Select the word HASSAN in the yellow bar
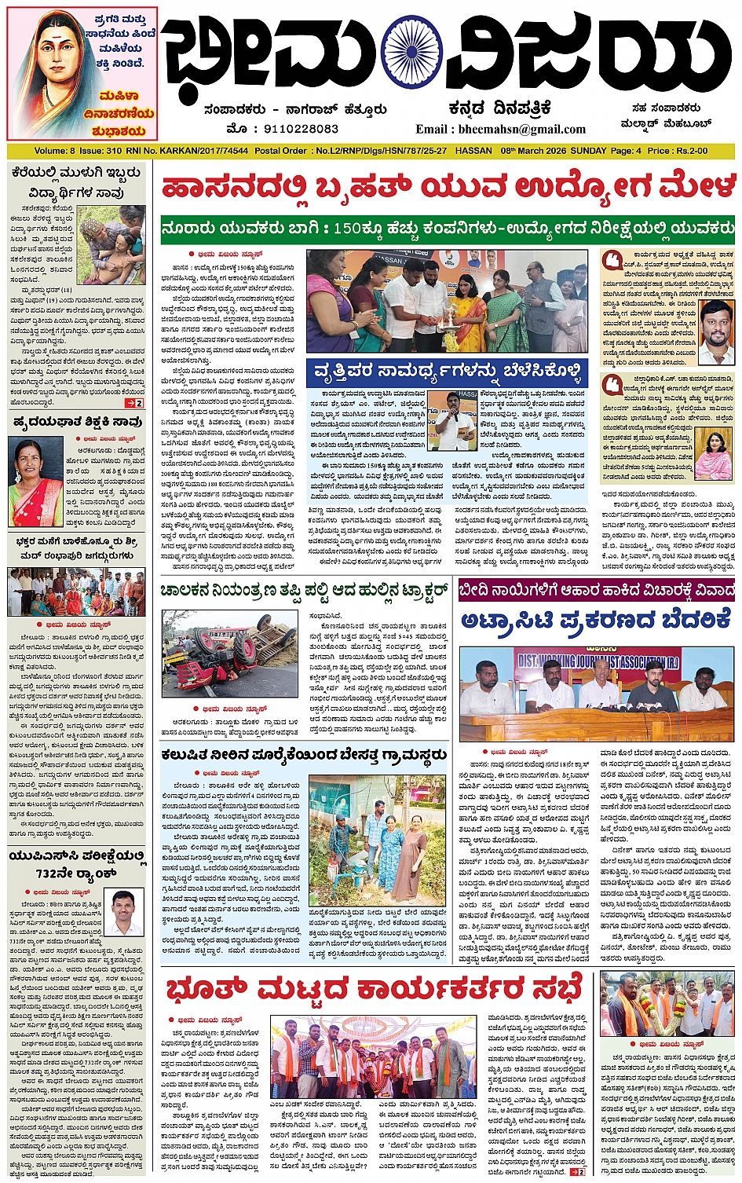coord(473,151)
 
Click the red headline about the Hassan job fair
coord(448,189)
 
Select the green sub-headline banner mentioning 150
coord(448,229)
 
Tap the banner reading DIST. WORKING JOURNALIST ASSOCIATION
coord(597,661)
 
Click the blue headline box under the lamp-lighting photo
coord(448,371)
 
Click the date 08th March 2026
coord(534,151)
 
